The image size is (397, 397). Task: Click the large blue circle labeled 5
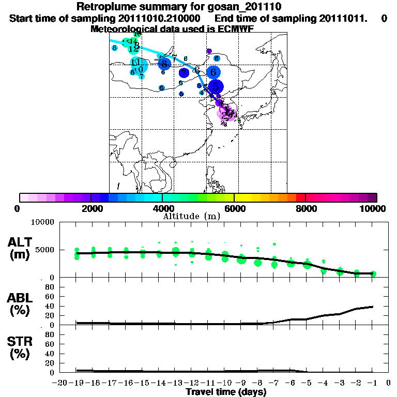pyautogui.click(x=216, y=87)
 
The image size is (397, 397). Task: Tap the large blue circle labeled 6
pyautogui.click(x=213, y=72)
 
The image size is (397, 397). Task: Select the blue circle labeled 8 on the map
pyautogui.click(x=164, y=64)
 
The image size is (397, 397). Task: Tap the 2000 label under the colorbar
pyautogui.click(x=91, y=209)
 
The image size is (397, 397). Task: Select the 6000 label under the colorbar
pyautogui.click(x=234, y=209)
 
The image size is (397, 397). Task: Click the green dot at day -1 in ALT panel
pyautogui.click(x=373, y=273)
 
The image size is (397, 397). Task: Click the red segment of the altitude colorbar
pyautogui.click(x=301, y=197)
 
